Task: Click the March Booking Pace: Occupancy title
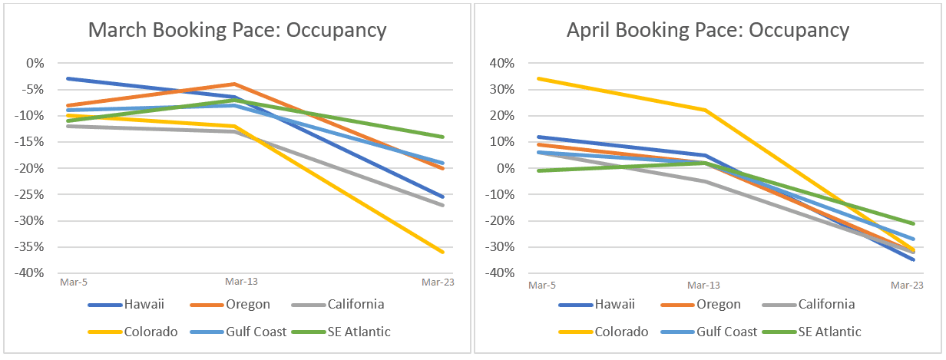[x=237, y=31]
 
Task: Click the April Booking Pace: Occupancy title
[x=707, y=31]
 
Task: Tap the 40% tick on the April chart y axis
[x=501, y=63]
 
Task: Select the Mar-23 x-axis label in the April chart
[x=907, y=285]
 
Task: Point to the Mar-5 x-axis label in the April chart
[x=541, y=285]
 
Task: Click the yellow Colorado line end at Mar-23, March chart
[x=443, y=252]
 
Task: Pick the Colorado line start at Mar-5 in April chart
[x=538, y=78]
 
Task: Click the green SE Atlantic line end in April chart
[x=913, y=223]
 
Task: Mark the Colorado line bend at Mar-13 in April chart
[x=704, y=110]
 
